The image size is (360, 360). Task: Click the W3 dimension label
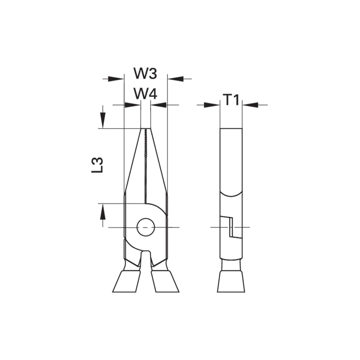145,73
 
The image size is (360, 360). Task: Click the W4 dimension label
145,94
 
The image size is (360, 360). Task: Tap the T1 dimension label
231,100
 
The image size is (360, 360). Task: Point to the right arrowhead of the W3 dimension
174,79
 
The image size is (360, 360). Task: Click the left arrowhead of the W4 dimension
133,105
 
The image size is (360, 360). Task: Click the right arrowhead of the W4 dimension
158,105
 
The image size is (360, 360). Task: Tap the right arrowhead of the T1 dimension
250,105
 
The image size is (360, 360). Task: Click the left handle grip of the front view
125,281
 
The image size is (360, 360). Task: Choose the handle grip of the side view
231,281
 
